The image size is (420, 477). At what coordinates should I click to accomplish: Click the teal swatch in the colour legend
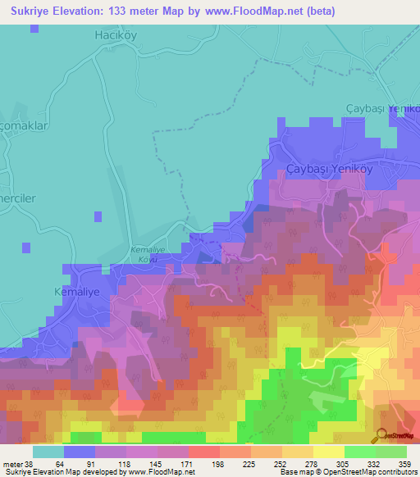coord(48,452)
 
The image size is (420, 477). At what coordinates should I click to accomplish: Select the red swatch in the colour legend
coord(204,452)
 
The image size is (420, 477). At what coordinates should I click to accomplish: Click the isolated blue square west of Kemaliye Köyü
coord(98,216)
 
